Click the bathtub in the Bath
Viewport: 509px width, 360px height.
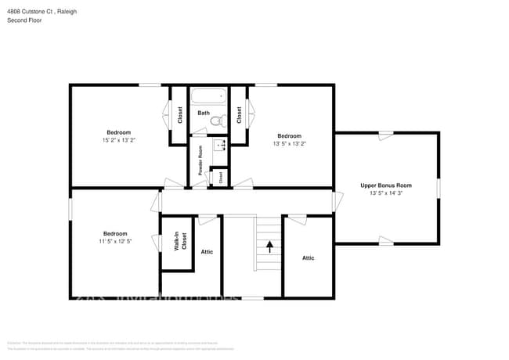click(x=208, y=98)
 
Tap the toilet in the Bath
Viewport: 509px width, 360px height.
click(x=222, y=120)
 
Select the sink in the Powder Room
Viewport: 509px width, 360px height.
click(x=220, y=145)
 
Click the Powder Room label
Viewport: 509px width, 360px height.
click(x=200, y=160)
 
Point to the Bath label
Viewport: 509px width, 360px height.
click(x=203, y=113)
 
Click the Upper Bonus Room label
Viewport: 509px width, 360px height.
click(x=385, y=185)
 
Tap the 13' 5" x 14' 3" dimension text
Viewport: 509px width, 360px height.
click(x=385, y=193)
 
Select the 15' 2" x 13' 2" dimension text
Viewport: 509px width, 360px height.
click(x=119, y=141)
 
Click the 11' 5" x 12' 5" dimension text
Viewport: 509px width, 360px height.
click(x=115, y=242)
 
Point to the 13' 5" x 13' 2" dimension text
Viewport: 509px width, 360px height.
click(x=289, y=144)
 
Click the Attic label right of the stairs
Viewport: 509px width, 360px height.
click(x=309, y=257)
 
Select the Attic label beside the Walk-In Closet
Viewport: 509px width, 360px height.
click(x=207, y=251)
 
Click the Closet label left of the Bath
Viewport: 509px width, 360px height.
click(x=180, y=115)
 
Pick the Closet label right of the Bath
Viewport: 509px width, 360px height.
click(x=239, y=115)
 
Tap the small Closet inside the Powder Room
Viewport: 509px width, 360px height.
click(x=221, y=177)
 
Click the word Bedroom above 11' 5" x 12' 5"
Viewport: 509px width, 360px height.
click(x=115, y=233)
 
